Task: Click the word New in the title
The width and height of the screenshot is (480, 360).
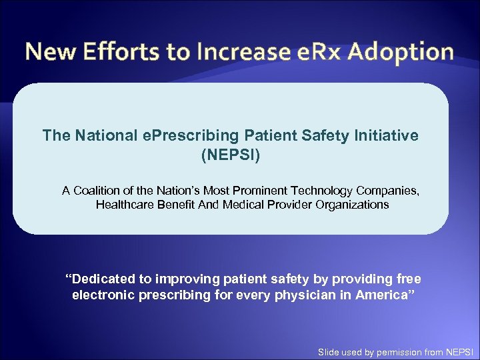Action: (x=51, y=51)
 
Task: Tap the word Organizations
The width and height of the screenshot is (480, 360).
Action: (x=351, y=205)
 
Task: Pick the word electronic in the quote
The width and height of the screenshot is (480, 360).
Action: (x=103, y=295)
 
